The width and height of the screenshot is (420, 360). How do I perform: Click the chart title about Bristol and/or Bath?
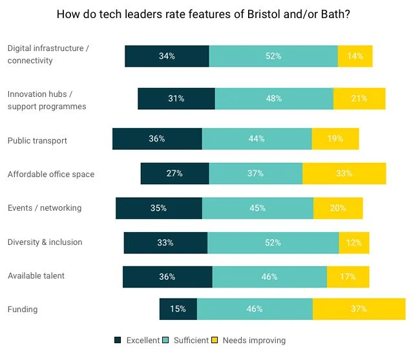click(204, 14)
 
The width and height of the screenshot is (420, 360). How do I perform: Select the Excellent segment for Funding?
click(178, 309)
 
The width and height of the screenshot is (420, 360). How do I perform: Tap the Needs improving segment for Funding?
click(359, 309)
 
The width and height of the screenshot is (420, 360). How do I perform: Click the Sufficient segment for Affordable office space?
click(255, 173)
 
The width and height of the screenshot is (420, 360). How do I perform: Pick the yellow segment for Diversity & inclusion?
click(354, 242)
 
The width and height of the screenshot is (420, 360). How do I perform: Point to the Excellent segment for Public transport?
click(157, 139)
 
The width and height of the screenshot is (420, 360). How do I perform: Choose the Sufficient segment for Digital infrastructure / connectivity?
click(273, 56)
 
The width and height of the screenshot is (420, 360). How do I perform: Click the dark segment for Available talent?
click(167, 277)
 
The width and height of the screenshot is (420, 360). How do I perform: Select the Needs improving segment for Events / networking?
click(338, 208)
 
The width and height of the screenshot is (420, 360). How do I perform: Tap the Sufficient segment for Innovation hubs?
click(274, 98)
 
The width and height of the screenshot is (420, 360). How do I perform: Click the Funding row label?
click(23, 310)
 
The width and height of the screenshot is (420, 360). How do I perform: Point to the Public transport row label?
click(37, 140)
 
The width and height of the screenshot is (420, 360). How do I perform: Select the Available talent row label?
click(36, 276)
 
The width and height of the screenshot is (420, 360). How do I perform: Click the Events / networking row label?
click(45, 208)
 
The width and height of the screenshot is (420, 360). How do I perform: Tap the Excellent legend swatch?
click(118, 340)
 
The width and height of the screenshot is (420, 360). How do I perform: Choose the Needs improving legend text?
click(254, 340)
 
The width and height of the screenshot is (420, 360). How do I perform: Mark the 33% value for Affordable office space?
click(344, 173)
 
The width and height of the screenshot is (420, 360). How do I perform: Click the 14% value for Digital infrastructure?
click(355, 56)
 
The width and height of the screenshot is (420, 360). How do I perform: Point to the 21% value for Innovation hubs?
click(359, 98)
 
